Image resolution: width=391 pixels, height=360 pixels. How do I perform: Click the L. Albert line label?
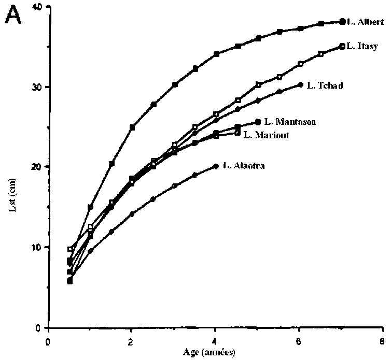366,22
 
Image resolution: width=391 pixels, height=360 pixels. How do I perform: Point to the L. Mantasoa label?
290,122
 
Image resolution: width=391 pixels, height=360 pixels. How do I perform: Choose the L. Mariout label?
266,135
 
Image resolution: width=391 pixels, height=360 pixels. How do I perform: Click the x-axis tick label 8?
383,341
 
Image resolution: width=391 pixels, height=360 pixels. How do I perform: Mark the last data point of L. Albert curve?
342,21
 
